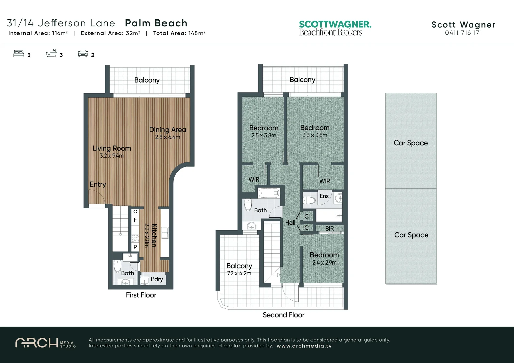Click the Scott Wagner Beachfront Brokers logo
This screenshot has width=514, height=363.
(x=335, y=28)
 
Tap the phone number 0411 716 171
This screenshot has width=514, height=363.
(x=463, y=33)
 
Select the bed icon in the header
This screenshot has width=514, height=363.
(x=19, y=53)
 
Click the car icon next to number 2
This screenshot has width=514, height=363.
(x=83, y=53)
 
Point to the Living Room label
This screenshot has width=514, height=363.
(x=112, y=148)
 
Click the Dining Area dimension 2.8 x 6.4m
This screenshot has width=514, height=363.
(x=168, y=137)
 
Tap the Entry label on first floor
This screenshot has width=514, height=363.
(x=98, y=184)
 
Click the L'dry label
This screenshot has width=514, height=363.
(x=157, y=279)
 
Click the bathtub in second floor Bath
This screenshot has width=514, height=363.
(x=268, y=193)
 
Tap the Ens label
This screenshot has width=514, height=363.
(x=324, y=196)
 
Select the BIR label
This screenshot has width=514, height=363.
(x=329, y=229)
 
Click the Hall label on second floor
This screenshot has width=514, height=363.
(x=290, y=223)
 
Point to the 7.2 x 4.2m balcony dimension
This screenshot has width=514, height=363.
(x=239, y=273)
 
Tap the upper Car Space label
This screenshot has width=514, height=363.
(x=410, y=143)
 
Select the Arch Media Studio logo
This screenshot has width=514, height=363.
(x=45, y=343)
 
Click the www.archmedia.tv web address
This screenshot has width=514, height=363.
(x=304, y=346)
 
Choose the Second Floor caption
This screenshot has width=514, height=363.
(x=284, y=315)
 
